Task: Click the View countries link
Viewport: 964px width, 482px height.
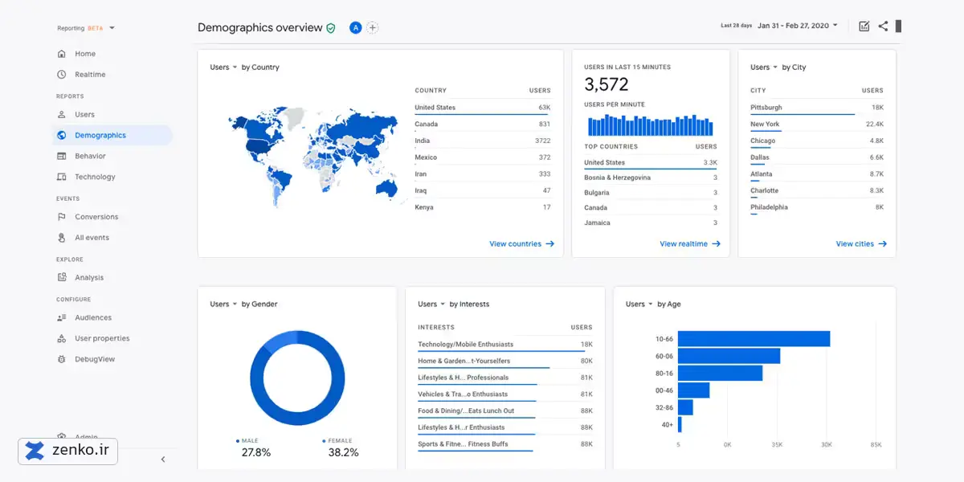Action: (521, 243)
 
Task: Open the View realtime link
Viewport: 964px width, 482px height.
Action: (690, 243)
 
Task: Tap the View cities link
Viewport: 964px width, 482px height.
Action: (861, 243)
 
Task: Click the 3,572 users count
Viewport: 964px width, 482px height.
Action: (606, 84)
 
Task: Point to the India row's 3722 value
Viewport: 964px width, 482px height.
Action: (543, 141)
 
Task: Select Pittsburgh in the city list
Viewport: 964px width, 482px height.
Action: (766, 107)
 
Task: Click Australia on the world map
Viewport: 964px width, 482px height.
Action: (386, 189)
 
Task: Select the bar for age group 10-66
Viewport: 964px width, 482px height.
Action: (754, 339)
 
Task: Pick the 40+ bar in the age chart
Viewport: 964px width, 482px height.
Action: (680, 424)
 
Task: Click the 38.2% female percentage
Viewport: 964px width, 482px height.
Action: (343, 452)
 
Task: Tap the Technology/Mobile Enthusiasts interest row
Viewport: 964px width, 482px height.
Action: (465, 345)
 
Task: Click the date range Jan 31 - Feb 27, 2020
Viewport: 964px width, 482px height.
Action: (793, 26)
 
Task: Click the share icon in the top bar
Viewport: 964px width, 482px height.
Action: (883, 27)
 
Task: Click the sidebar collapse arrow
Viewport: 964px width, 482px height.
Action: (163, 460)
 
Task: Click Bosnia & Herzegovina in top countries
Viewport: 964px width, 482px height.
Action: (617, 178)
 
